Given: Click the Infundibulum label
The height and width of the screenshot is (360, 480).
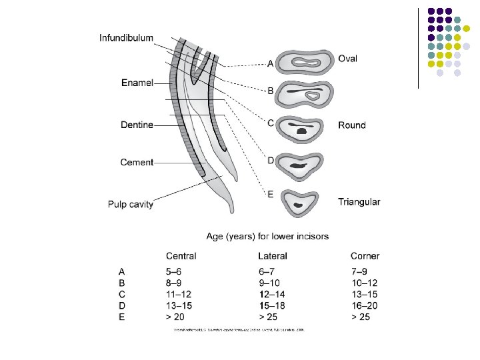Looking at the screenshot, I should (x=127, y=39).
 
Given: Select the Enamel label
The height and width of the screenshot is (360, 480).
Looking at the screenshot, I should (x=137, y=83).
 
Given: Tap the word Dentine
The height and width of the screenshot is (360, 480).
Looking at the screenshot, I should (x=137, y=125).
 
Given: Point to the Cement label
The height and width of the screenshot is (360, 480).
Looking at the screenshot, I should (x=137, y=162).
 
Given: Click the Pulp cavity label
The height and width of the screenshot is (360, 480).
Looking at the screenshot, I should (x=131, y=204).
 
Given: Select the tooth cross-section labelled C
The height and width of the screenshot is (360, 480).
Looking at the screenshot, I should (x=303, y=129).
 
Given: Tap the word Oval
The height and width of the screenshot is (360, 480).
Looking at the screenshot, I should (x=347, y=59).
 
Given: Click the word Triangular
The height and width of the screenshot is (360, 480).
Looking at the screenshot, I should (x=359, y=202).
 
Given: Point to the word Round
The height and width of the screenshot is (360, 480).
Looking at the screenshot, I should (x=351, y=125).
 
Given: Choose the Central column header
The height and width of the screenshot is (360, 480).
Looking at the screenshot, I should (x=181, y=255).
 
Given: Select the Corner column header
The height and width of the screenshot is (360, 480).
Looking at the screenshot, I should (x=365, y=255).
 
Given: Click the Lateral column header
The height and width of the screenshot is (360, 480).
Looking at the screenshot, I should (x=273, y=255).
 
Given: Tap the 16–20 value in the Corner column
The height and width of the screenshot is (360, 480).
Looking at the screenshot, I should (x=364, y=305).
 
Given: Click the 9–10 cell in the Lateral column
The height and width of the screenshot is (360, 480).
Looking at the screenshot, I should (x=269, y=283).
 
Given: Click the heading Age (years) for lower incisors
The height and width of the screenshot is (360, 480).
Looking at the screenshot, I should (x=267, y=236).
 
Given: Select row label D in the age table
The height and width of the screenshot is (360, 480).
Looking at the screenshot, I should (x=121, y=305).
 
